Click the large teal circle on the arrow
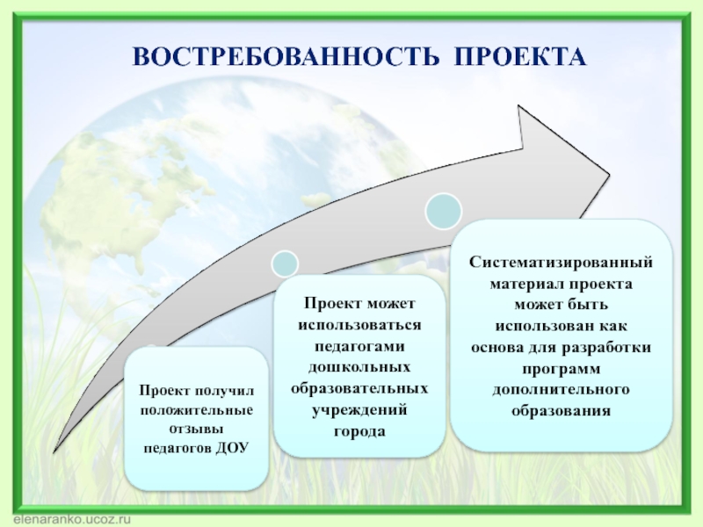point(444,210)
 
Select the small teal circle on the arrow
point(285,263)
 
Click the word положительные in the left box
point(196,409)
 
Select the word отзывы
point(196,429)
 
